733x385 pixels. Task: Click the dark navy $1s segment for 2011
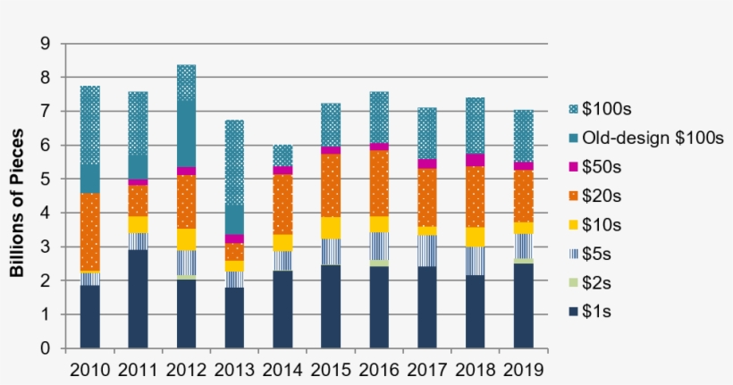pyautogui.click(x=138, y=298)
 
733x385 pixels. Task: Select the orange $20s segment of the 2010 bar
pyautogui.click(x=90, y=231)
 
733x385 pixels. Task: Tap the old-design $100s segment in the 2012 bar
pyautogui.click(x=186, y=133)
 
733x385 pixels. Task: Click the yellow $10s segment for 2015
pyautogui.click(x=331, y=228)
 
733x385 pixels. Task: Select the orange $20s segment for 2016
pyautogui.click(x=379, y=183)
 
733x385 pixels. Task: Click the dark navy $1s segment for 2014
pyautogui.click(x=282, y=309)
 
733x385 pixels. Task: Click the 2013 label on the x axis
pyautogui.click(x=234, y=369)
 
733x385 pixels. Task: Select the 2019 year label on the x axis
pyautogui.click(x=524, y=369)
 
